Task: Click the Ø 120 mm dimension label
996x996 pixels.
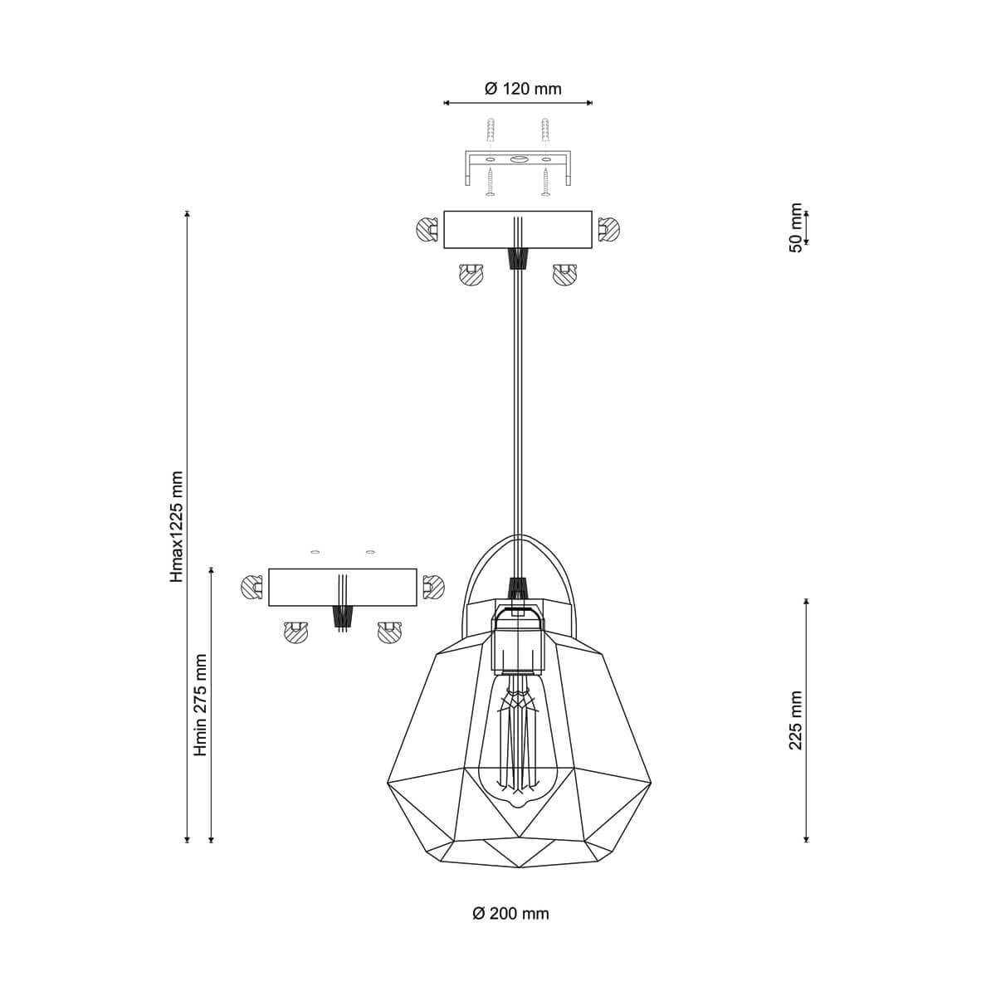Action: pyautogui.click(x=523, y=89)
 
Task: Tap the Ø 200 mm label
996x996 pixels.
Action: pyautogui.click(x=510, y=913)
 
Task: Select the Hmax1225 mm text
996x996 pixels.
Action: pyautogui.click(x=177, y=527)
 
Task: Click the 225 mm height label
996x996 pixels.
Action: pyautogui.click(x=796, y=720)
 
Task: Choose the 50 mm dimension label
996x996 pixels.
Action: pyautogui.click(x=796, y=227)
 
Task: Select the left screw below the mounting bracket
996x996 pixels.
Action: pyautogui.click(x=490, y=183)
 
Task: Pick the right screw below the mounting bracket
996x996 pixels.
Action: pyautogui.click(x=545, y=183)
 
